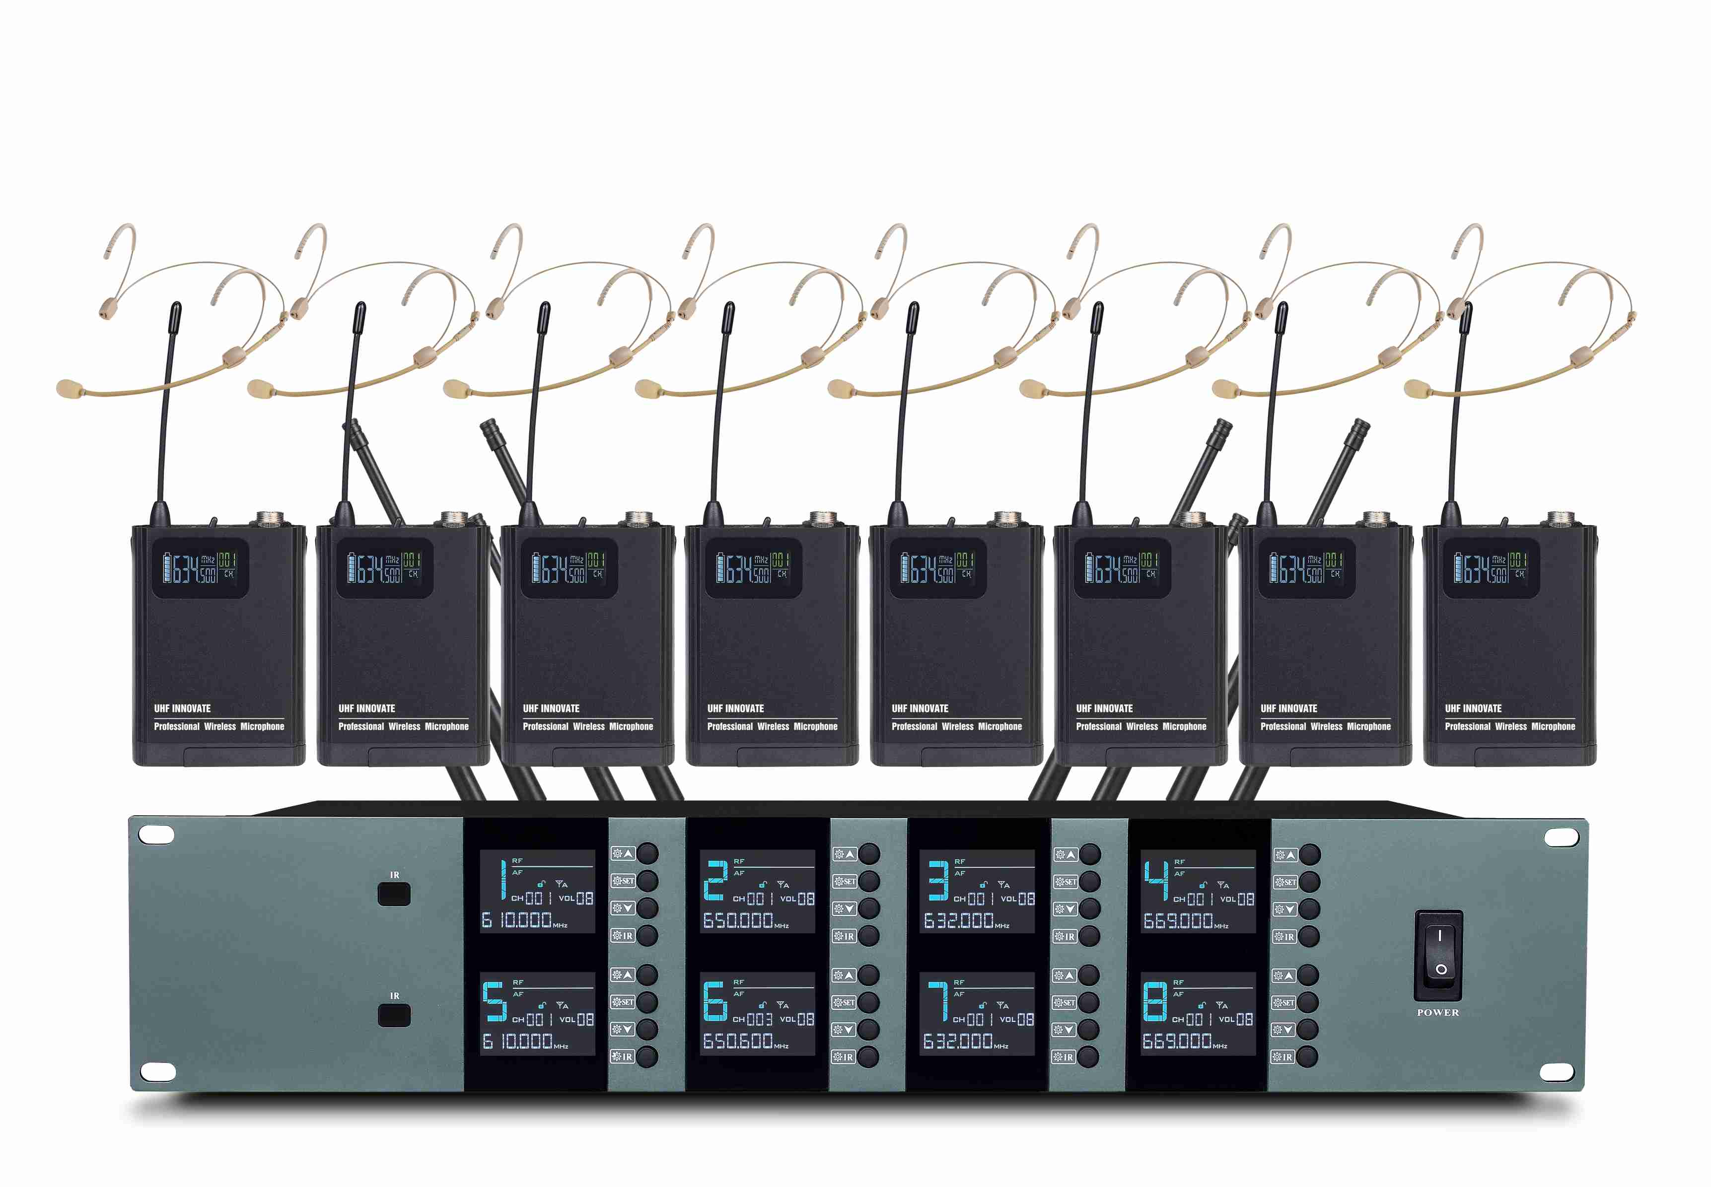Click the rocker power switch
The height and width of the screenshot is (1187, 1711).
coord(1437,954)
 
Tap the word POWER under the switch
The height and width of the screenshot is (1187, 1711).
coord(1437,1012)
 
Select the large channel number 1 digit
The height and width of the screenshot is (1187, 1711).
coord(503,879)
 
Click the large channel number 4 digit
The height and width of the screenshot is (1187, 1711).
coord(1155,880)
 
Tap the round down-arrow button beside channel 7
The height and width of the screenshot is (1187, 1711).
coord(1088,1029)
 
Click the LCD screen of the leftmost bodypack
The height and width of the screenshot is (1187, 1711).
coord(200,567)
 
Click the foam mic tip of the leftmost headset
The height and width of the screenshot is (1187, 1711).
coord(69,387)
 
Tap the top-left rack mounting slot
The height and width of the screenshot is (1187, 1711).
coord(157,835)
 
